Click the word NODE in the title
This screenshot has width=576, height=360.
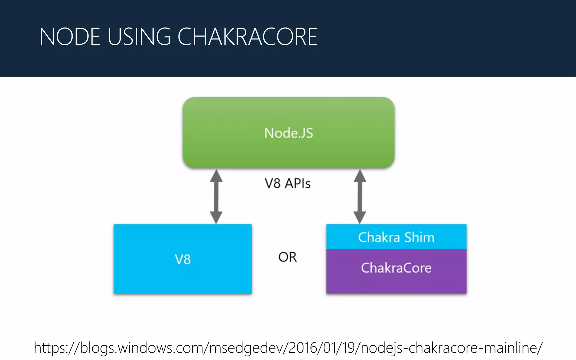(x=70, y=37)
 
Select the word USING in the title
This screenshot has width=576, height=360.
(x=139, y=37)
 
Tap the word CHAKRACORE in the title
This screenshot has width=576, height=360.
(x=247, y=37)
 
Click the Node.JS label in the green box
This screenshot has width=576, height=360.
(x=289, y=133)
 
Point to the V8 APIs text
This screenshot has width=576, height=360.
(x=287, y=183)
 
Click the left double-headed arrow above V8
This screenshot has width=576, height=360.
(x=216, y=196)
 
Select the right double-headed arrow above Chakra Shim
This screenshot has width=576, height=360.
(x=360, y=196)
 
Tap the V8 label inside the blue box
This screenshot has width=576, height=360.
(x=183, y=259)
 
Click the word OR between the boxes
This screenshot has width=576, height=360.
(x=287, y=257)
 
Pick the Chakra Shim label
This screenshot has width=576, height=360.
(x=396, y=237)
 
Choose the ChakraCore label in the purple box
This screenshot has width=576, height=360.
(x=396, y=268)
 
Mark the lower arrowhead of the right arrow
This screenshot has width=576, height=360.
(x=360, y=217)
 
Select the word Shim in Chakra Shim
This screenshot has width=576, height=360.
(x=419, y=237)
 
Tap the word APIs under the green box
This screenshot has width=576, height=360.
(x=298, y=183)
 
